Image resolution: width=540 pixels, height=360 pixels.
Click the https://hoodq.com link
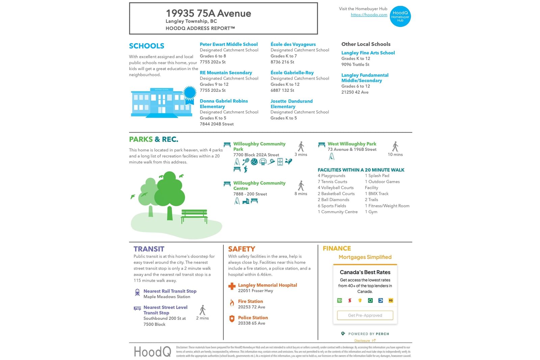(369, 15)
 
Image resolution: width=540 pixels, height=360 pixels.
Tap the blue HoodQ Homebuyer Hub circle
(400, 17)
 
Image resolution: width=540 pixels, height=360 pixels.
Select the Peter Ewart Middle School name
(228, 44)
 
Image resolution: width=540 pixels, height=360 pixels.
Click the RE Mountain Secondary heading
(226, 73)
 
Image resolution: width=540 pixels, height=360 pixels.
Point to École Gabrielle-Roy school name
(292, 73)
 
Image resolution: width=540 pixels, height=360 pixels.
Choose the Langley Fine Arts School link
(368, 53)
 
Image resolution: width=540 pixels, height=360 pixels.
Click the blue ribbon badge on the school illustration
(190, 93)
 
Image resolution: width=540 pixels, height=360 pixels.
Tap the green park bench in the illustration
(194, 216)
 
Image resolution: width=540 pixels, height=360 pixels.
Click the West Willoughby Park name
(352, 144)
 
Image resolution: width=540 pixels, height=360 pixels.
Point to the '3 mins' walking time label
(301, 155)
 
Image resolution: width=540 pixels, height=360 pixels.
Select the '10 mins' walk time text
(395, 155)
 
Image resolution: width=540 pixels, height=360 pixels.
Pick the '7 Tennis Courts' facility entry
(332, 182)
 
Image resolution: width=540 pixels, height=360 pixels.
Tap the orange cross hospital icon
(232, 286)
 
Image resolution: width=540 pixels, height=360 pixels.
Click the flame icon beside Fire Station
(232, 303)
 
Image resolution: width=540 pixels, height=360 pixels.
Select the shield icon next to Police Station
(232, 319)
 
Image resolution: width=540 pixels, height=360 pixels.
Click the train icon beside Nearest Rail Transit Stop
(137, 293)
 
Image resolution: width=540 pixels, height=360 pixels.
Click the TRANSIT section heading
(149, 249)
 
